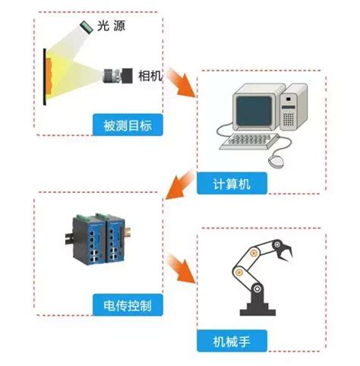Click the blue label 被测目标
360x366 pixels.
tap(126, 125)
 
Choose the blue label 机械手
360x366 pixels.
tap(232, 339)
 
